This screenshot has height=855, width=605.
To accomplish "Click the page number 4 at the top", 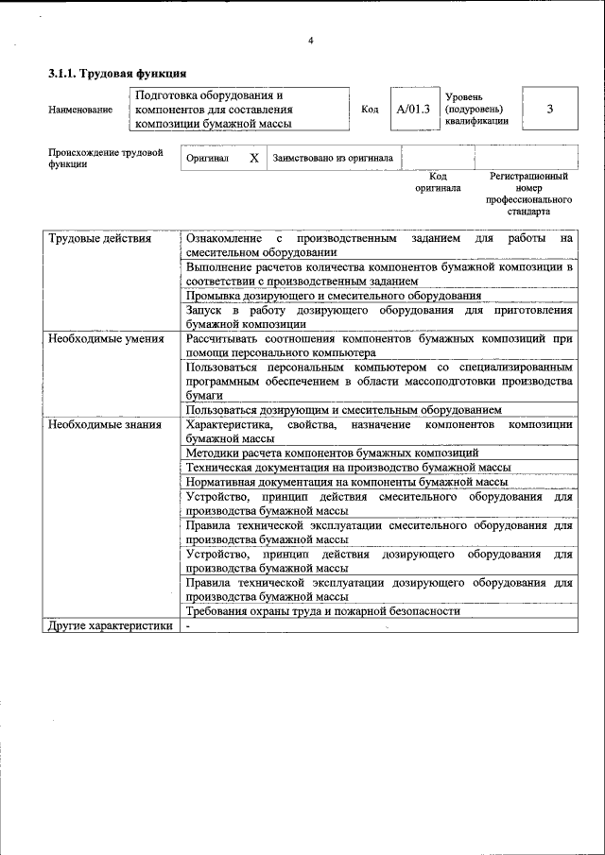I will point(309,40).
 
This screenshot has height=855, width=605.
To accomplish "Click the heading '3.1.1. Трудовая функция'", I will point(116,73).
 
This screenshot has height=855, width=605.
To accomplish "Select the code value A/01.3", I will point(413,109).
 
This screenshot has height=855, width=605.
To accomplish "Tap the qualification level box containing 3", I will point(549,109).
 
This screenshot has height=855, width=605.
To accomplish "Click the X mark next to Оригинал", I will point(253,159).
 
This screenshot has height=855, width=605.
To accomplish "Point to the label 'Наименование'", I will point(79,110).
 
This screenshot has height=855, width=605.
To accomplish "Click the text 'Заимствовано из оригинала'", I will point(334,159).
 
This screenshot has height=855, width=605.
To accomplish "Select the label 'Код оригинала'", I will point(438,181).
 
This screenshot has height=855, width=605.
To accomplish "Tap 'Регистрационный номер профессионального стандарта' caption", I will point(528,194).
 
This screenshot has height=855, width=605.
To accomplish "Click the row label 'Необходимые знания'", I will point(104,424).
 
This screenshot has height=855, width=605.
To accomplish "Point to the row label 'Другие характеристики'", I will point(111,625).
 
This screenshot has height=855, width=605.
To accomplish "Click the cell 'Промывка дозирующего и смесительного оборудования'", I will point(334,296).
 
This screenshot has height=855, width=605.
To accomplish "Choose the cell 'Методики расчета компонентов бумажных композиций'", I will point(332,453).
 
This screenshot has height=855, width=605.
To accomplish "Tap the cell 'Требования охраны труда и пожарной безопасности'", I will point(322,611).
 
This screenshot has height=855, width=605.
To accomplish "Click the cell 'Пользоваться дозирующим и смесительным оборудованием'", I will point(343,410).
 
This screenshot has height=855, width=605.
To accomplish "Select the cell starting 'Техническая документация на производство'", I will point(348,468).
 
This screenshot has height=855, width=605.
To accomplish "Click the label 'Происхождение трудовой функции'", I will point(105,158).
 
